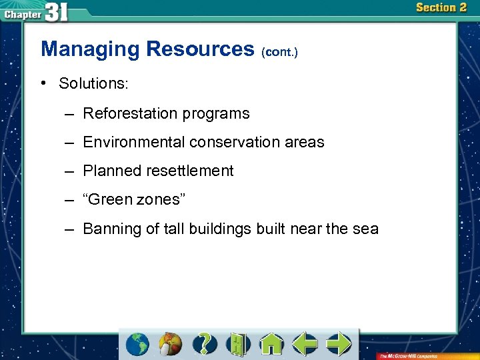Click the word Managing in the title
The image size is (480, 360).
(x=90, y=49)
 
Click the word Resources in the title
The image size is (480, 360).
(x=200, y=49)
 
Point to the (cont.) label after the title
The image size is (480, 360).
(x=279, y=51)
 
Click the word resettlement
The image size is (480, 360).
(x=190, y=171)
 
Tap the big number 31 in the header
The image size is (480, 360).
(x=57, y=11)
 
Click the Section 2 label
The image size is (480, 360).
(x=441, y=8)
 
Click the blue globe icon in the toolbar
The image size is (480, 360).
(x=138, y=344)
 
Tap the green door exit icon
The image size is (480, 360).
(x=238, y=344)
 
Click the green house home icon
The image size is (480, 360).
(x=271, y=344)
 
